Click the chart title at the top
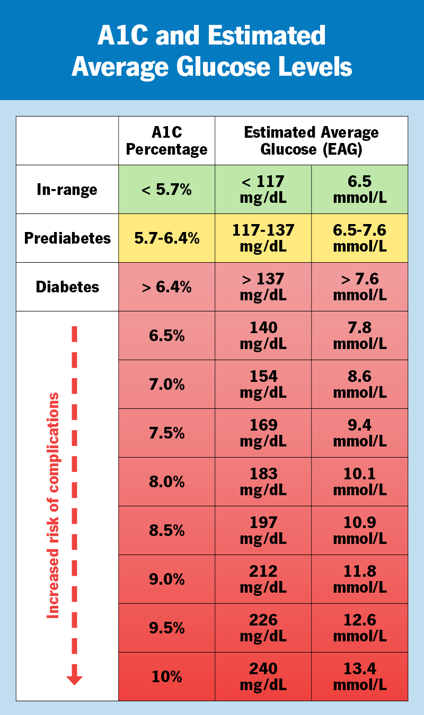point(212,51)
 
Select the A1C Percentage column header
point(166,141)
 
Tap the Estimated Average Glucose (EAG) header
point(311,141)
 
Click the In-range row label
point(67,190)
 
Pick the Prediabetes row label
point(67,238)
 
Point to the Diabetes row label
point(67,287)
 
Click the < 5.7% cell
point(166,190)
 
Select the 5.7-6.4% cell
point(166,238)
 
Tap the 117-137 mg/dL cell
point(263,238)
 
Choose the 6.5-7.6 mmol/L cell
point(359,238)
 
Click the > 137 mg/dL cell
point(263,287)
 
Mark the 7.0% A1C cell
point(166,385)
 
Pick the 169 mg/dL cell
point(263,433)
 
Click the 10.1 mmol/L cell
point(359,482)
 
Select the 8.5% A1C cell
point(166,531)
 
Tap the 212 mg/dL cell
point(263,579)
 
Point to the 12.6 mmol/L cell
point(359,628)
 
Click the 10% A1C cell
point(166,677)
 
